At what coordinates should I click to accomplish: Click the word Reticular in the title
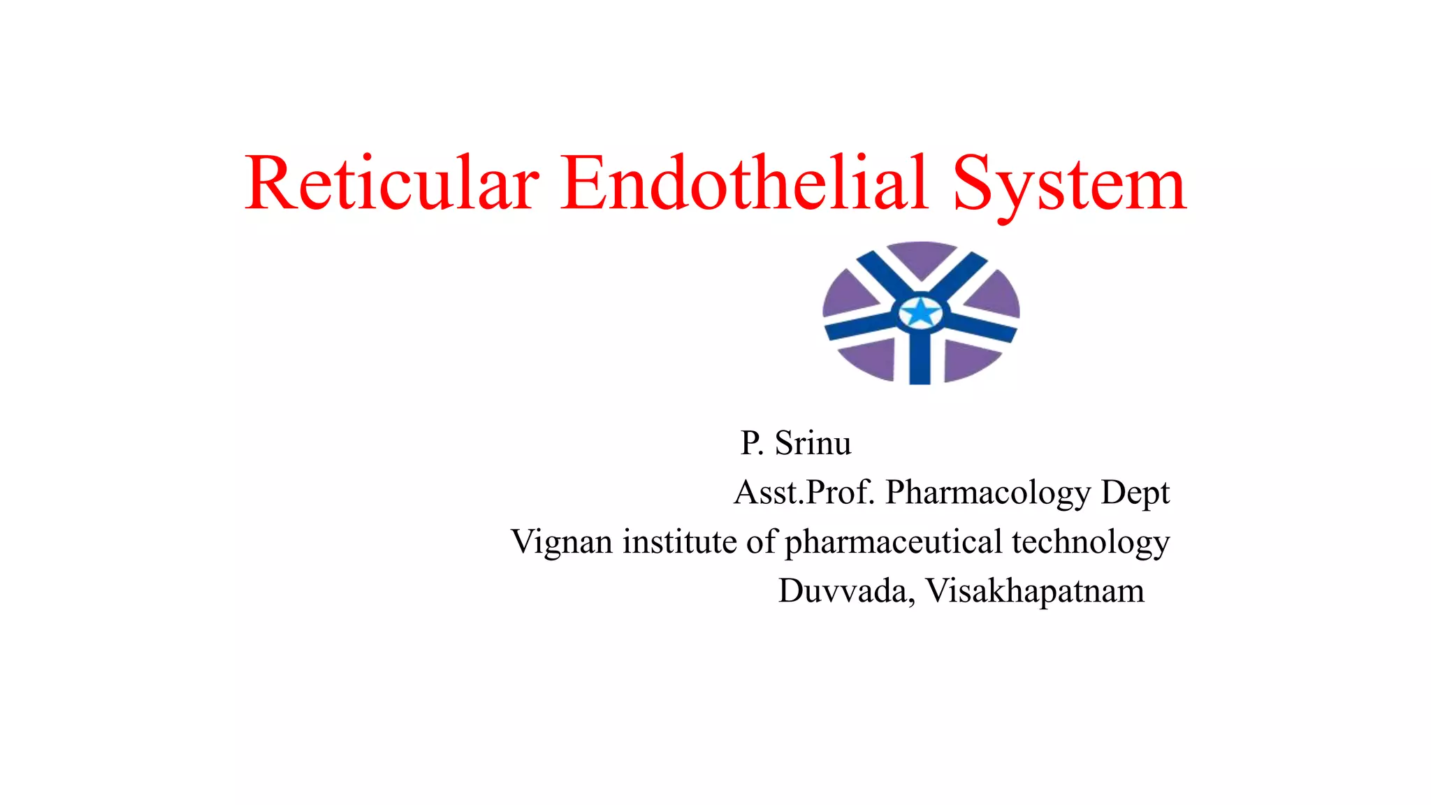[x=392, y=183]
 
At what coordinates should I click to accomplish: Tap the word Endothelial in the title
[x=745, y=183]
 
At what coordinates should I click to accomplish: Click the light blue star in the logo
[x=921, y=312]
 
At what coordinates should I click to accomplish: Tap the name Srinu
[x=813, y=443]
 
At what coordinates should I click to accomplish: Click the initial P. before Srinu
[x=752, y=443]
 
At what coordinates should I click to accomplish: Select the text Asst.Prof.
[x=804, y=493]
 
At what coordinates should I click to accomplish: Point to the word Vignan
[x=562, y=543]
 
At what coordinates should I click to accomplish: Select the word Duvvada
[x=846, y=591]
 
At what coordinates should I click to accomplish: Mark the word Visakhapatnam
[x=1035, y=591]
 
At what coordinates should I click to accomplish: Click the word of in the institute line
[x=761, y=542]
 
